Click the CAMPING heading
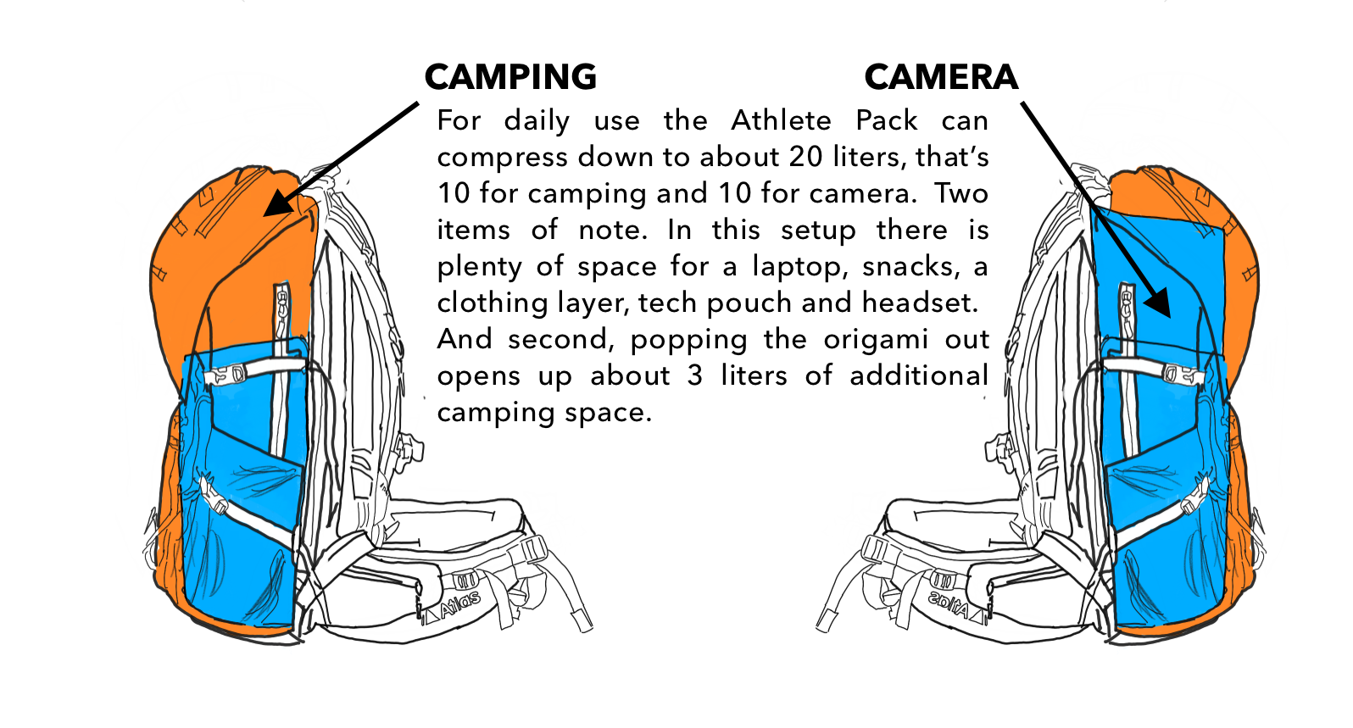pyautogui.click(x=510, y=77)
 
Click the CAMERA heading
pyautogui.click(x=941, y=77)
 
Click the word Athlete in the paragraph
pyautogui.click(x=781, y=120)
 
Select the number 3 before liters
pyautogui.click(x=694, y=376)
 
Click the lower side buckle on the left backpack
pyautogui.click(x=214, y=494)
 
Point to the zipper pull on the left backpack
pyautogui.click(x=282, y=308)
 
